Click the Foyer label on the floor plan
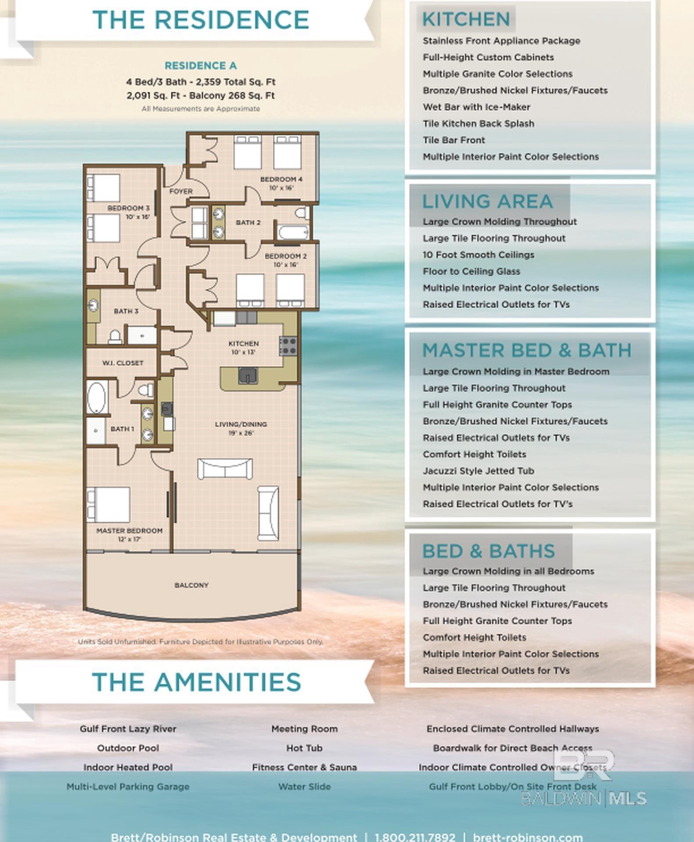click(181, 191)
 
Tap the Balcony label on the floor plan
click(191, 585)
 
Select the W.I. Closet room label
click(123, 363)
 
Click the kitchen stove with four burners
click(288, 346)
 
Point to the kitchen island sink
click(247, 376)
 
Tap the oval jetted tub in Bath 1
click(97, 397)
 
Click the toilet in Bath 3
click(115, 337)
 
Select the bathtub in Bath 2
click(293, 233)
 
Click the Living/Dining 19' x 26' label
click(241, 428)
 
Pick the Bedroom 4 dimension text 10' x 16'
click(281, 188)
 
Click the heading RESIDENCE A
click(200, 66)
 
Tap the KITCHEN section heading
click(466, 19)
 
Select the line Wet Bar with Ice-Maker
click(476, 107)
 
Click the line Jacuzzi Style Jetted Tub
click(478, 471)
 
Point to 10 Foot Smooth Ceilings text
click(478, 255)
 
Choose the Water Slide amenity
click(304, 787)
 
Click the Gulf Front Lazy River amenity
click(128, 729)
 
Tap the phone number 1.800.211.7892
click(415, 837)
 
